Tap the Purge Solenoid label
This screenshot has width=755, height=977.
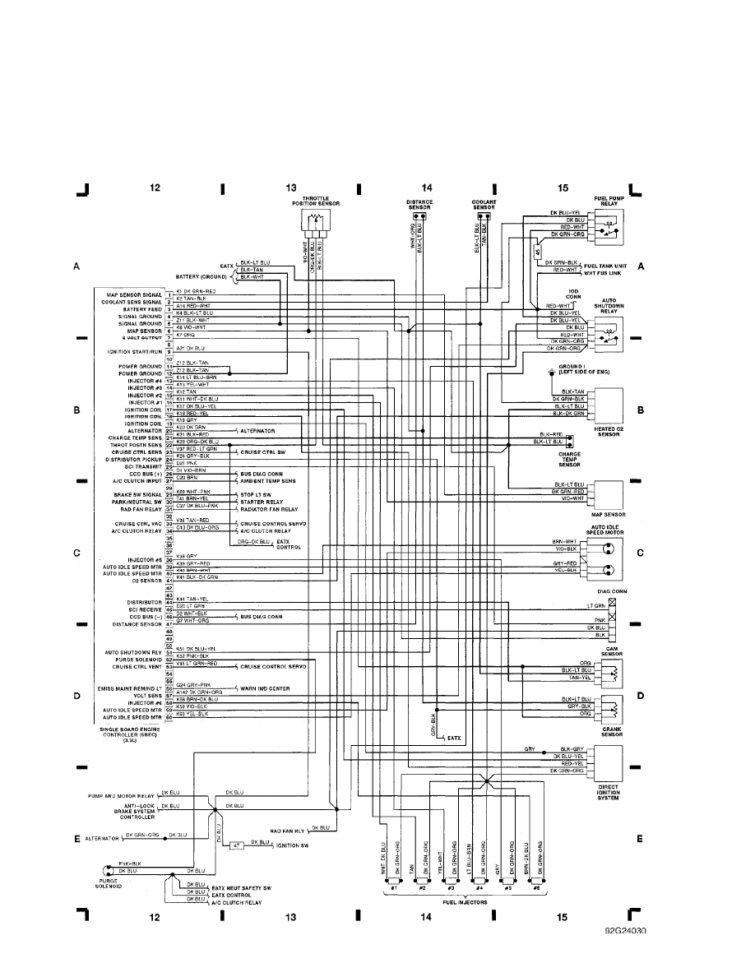(108, 884)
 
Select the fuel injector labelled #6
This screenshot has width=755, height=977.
(536, 887)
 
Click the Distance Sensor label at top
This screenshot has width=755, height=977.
(419, 203)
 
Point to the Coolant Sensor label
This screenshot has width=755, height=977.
(483, 203)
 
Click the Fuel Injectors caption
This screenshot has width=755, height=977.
(466, 901)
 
